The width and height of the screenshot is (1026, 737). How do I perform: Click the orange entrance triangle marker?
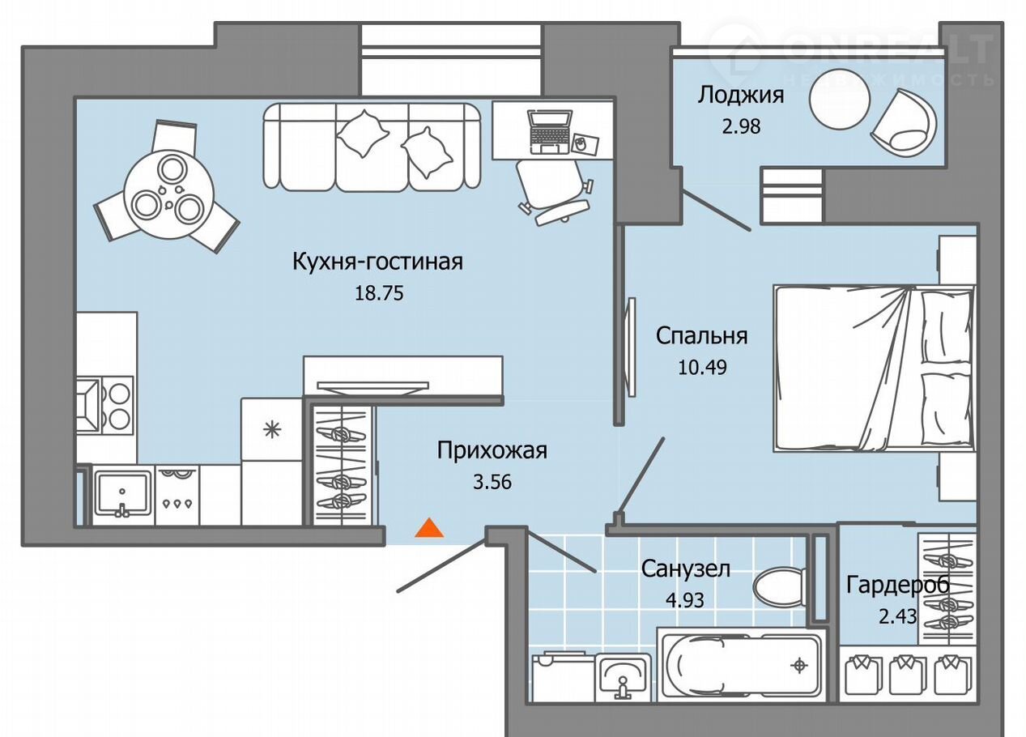click(429, 528)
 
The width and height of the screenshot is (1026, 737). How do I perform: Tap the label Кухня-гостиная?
click(378, 262)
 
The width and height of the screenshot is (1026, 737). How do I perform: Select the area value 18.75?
click(379, 294)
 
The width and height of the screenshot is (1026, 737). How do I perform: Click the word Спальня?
click(702, 336)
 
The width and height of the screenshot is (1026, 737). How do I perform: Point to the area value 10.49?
click(702, 368)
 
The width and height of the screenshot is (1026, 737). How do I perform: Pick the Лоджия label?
click(741, 96)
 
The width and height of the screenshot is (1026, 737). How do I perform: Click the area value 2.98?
click(741, 126)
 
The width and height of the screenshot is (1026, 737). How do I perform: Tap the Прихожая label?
click(492, 451)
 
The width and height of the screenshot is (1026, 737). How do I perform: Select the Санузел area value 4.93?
click(685, 599)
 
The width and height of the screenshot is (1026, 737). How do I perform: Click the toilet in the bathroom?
click(779, 588)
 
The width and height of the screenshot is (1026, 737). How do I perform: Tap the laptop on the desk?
click(549, 132)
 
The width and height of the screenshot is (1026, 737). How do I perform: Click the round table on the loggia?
click(839, 100)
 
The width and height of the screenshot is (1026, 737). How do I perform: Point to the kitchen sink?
click(122, 495)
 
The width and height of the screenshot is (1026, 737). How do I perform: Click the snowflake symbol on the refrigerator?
click(272, 430)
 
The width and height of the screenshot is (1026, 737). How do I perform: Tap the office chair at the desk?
click(555, 191)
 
